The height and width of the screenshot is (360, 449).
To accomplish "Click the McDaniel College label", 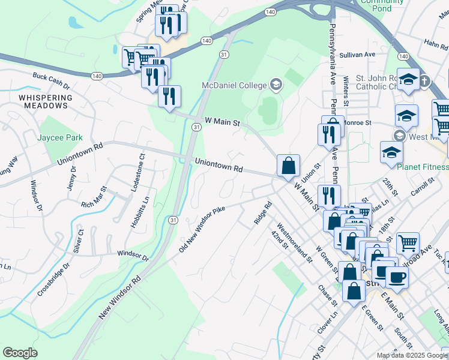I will [234, 85].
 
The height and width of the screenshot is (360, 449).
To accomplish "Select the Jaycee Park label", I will [59, 137].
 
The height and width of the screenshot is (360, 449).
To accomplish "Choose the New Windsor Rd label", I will [119, 296].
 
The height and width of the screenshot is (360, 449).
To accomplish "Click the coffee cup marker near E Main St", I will [397, 278].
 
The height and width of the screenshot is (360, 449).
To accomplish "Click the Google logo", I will [20, 352].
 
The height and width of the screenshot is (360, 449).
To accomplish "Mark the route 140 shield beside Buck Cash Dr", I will [97, 76].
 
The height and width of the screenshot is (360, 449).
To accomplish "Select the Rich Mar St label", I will [96, 200].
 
